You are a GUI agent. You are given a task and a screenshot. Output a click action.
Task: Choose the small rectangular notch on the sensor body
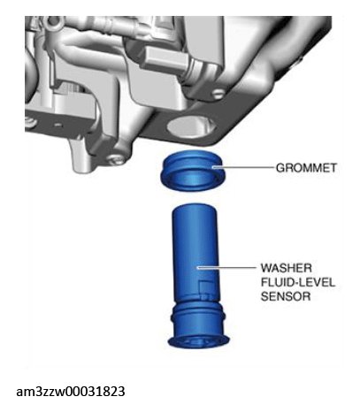coord(205,287)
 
